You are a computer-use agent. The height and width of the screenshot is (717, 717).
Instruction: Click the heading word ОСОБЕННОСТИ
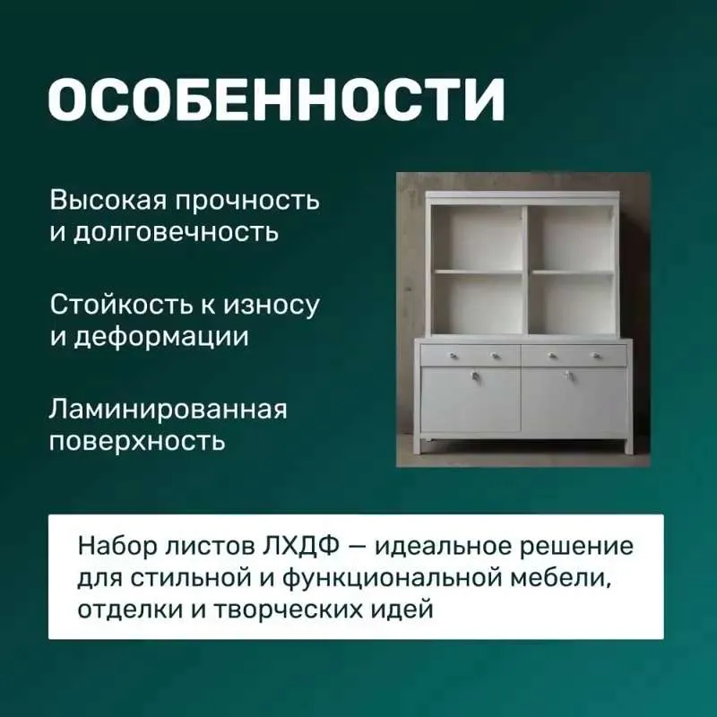pos(277,99)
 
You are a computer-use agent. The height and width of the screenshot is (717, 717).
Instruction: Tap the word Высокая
pos(108,200)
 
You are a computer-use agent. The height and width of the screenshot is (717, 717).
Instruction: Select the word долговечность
pos(176,232)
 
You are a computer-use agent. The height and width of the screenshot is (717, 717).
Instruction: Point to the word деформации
pos(161,337)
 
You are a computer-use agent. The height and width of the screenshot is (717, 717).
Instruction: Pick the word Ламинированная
pos(168,409)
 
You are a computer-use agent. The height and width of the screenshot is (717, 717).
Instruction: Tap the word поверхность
pos(137,441)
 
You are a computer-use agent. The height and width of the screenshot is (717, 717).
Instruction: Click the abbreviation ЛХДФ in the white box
pos(301,546)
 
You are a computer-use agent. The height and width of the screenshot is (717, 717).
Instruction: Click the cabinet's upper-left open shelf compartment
pos(478,238)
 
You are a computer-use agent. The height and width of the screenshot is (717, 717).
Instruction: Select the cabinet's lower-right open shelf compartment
pos(573,304)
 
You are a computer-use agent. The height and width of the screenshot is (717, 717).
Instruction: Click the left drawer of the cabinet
pos(471,354)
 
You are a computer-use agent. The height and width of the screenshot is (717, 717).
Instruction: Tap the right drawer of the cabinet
pos(574,355)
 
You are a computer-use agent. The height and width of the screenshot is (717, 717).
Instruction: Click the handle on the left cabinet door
pos(475,376)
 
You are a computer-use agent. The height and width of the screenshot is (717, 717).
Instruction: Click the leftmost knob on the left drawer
pos(454,355)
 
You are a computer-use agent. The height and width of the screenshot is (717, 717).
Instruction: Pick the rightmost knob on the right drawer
pos(596,355)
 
